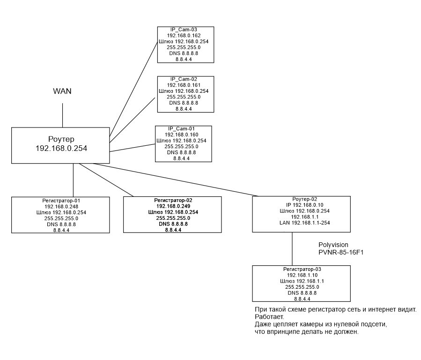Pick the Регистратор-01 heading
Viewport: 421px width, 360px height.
[61, 200]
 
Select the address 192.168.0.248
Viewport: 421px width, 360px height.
[61, 206]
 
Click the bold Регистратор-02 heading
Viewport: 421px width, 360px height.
[172, 200]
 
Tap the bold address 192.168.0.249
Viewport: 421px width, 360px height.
[172, 206]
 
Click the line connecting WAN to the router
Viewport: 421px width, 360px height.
[62, 114]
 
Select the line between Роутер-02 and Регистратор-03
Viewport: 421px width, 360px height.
[292, 249]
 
